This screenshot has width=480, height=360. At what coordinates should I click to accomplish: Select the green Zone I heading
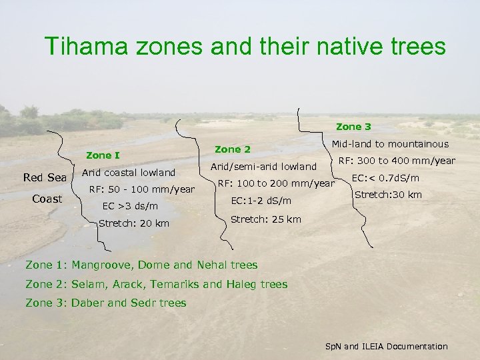[x=103, y=155]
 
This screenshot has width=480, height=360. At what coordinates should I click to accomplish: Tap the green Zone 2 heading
[x=233, y=149]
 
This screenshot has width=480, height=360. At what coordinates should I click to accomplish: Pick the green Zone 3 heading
[x=353, y=126]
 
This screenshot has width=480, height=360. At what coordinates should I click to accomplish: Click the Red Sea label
[x=45, y=177]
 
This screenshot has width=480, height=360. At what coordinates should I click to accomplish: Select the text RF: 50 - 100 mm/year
[x=141, y=189]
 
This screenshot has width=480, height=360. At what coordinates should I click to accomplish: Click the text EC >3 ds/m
[x=130, y=206]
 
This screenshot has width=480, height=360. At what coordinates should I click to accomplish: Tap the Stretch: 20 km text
[x=133, y=223]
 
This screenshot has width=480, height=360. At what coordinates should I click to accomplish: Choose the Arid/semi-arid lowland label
[x=263, y=166]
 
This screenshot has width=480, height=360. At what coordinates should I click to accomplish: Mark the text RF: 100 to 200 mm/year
[x=276, y=183]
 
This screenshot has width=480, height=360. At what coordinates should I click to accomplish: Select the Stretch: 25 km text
[x=265, y=219]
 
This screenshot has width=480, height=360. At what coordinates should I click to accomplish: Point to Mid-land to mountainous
[x=391, y=143]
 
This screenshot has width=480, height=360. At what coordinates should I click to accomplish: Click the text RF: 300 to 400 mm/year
[x=397, y=161]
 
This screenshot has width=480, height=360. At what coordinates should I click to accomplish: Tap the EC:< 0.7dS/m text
[x=385, y=178]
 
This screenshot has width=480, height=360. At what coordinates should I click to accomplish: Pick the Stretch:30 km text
[x=387, y=195]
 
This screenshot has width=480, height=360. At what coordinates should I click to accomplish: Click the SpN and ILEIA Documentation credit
[x=386, y=346]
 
